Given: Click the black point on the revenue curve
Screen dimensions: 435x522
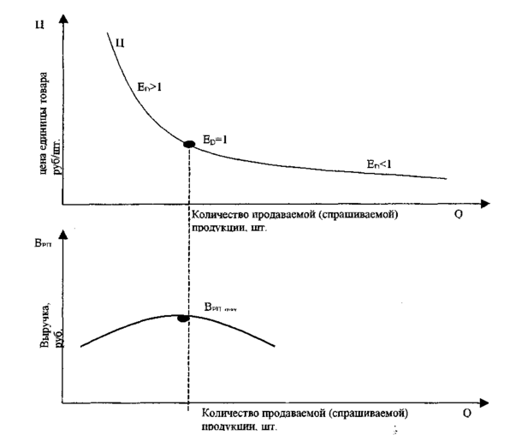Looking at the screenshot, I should [182, 318].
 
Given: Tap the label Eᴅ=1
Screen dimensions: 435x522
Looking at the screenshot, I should [216, 138].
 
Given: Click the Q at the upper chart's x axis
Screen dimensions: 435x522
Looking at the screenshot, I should [459, 215].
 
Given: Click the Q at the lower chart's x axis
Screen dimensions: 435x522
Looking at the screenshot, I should [467, 413].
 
